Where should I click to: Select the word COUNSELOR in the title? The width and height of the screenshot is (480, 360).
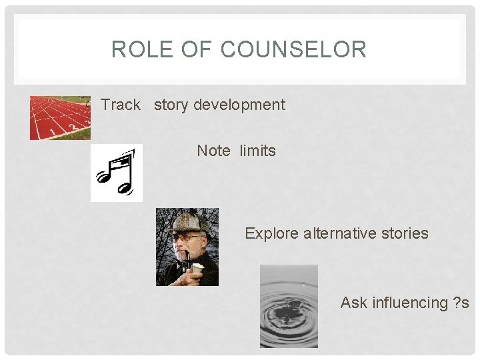tap(293, 49)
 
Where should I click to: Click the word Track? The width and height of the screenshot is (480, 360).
tap(121, 105)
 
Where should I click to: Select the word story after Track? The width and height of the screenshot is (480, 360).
tap(171, 105)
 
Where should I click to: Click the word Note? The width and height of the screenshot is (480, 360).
tap(213, 151)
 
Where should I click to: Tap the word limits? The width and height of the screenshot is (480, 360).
tap(257, 151)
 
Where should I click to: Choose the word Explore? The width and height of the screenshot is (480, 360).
tap(271, 233)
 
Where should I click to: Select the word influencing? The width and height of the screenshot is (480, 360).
tap(409, 303)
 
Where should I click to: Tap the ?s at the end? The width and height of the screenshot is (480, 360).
tap(461, 303)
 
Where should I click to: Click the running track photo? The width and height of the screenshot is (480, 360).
tap(60, 118)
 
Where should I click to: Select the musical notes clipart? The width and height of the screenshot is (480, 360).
tap(117, 173)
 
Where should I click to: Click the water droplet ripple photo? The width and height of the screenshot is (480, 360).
tap(289, 306)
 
